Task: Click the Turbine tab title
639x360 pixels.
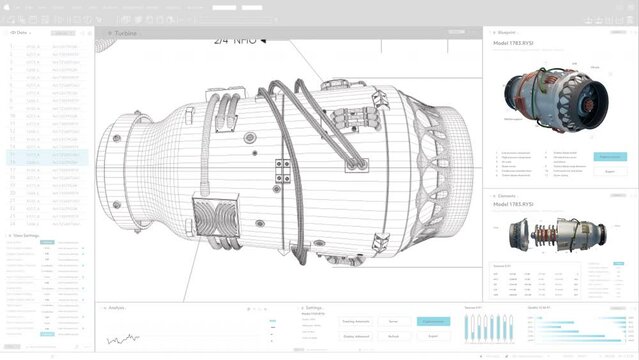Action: click(x=126, y=33)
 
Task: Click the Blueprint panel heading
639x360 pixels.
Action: click(x=509, y=32)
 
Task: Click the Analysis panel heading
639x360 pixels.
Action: click(x=116, y=308)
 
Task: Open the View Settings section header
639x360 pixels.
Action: click(x=25, y=236)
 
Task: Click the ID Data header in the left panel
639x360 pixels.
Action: click(x=19, y=33)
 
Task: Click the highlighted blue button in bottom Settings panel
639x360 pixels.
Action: click(x=433, y=322)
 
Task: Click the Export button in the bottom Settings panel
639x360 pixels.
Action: click(x=433, y=337)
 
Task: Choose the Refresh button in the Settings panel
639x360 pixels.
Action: click(x=393, y=337)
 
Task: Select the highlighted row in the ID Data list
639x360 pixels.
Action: click(x=45, y=158)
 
